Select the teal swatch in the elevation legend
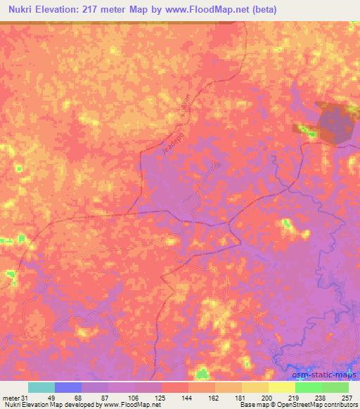[41, 387]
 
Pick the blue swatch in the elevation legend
[68, 387]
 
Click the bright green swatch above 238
[309, 387]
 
